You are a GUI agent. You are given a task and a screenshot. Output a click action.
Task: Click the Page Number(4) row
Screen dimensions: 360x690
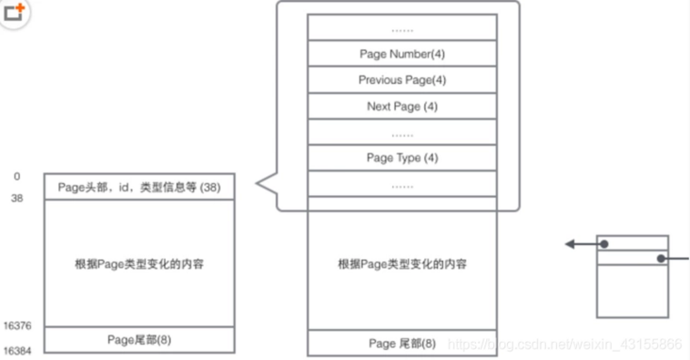click(x=402, y=54)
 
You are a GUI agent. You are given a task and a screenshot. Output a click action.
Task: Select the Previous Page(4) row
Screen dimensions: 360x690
click(x=402, y=80)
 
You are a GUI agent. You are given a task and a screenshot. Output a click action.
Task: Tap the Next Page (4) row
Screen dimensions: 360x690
click(x=402, y=106)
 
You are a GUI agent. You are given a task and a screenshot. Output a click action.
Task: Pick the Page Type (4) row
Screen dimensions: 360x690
click(x=402, y=157)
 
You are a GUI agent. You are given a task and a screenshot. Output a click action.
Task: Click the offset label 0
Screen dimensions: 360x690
click(x=17, y=177)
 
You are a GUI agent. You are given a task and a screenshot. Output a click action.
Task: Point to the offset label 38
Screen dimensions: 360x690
click(x=17, y=199)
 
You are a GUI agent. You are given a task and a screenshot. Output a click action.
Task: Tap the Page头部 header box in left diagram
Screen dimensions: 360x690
click(x=139, y=187)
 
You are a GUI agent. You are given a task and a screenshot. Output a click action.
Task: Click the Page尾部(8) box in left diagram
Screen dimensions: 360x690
click(x=139, y=339)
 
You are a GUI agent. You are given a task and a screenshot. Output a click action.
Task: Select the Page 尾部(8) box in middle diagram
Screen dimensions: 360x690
click(x=402, y=343)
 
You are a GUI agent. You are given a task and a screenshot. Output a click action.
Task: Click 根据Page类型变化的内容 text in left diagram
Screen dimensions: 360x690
click(x=139, y=264)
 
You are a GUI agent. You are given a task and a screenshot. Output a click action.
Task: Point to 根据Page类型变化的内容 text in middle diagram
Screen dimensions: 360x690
click(x=402, y=264)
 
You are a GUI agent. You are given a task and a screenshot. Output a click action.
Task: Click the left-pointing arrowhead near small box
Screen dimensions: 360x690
click(x=570, y=245)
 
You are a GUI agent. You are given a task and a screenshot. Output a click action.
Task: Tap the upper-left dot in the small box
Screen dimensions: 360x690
click(x=604, y=245)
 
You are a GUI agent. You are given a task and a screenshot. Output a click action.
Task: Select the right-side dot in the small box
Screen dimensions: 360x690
click(x=662, y=258)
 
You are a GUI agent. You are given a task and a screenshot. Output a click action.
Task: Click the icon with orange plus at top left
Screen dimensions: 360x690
click(x=14, y=13)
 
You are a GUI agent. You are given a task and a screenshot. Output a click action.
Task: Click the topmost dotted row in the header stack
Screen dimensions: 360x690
click(x=402, y=28)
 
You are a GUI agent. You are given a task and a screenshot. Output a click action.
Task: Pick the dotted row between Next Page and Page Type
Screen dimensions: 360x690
click(x=402, y=133)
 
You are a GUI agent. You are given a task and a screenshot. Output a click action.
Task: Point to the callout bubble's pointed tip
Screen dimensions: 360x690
click(x=258, y=187)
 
